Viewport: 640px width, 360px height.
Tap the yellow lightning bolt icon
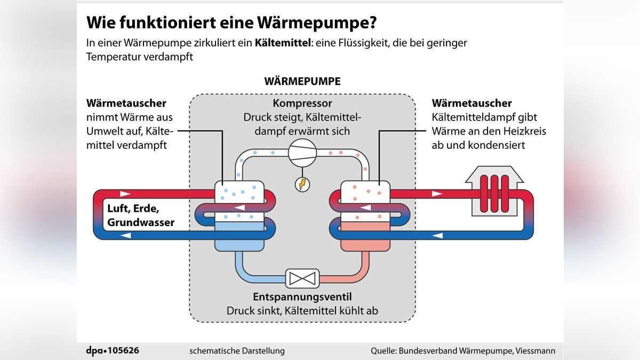coord(302,184)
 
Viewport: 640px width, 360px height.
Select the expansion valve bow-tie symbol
coord(302,278)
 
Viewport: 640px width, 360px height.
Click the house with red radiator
coord(494,191)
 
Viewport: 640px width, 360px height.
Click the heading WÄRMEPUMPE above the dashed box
coord(302,82)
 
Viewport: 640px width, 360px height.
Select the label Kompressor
coord(302,103)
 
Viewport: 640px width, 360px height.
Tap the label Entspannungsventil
coord(302,297)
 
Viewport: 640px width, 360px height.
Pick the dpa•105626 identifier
coord(113,350)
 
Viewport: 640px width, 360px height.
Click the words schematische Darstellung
coord(237,350)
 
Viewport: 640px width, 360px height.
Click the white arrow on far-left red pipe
coord(125,194)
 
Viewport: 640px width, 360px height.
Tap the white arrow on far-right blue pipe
coord(437,235)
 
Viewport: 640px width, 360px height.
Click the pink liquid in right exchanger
coord(365,240)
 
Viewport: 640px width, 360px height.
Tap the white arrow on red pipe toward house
coord(437,194)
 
